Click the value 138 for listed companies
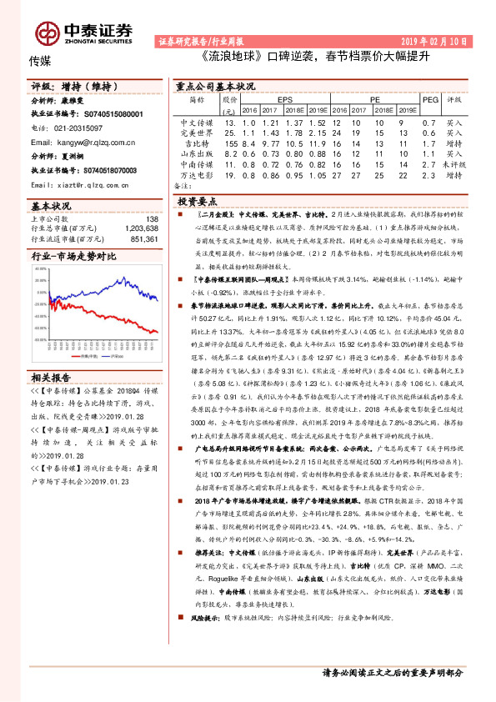tap(152, 219)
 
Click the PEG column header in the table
tap(429, 98)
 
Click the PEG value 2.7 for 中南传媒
tap(429, 166)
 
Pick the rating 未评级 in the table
tap(454, 166)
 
